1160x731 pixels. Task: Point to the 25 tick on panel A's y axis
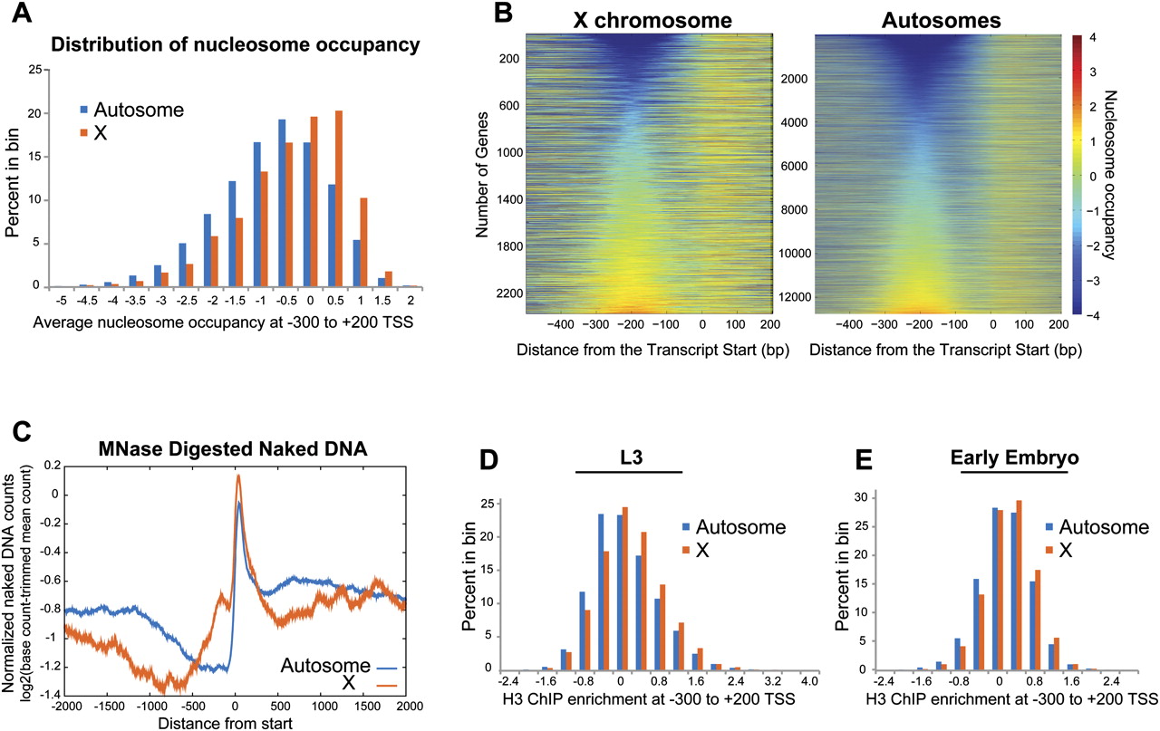click(35, 69)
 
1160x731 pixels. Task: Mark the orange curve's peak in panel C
click(238, 475)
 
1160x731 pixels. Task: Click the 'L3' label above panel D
click(627, 457)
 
